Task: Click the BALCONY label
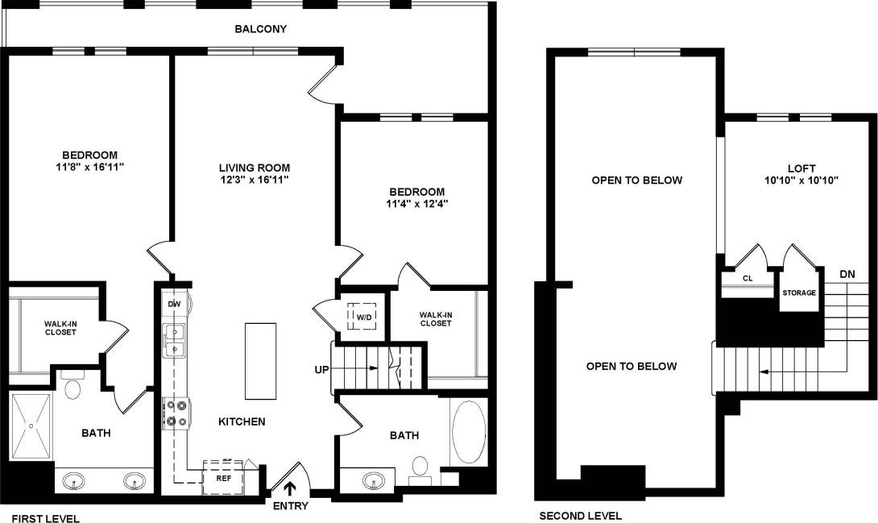261,29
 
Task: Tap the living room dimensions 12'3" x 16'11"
255,180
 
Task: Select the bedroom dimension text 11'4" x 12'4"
416,204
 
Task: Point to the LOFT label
801,168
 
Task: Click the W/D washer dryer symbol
362,316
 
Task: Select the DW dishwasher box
173,304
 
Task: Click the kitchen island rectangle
259,361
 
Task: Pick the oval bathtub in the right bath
467,433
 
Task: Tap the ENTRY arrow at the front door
289,488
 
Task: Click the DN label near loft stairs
847,273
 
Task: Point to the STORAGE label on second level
798,293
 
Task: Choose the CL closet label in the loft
747,279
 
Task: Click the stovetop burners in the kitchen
175,413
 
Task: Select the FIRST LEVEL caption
45,518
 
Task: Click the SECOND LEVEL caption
580,516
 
